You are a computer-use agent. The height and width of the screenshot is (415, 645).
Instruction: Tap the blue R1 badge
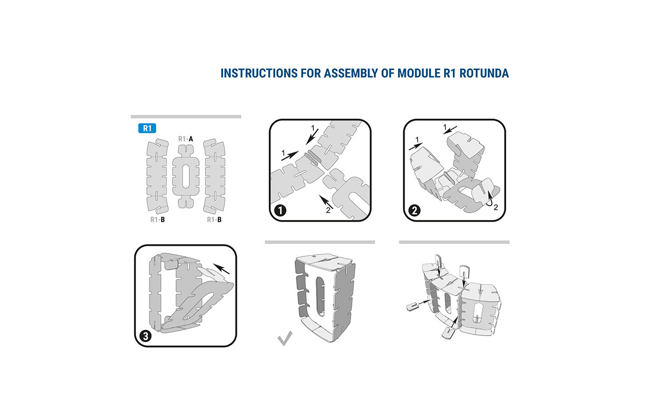(147, 128)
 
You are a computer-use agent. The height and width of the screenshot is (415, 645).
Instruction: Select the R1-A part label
(186, 139)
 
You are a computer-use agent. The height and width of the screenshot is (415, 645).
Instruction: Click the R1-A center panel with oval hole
(186, 176)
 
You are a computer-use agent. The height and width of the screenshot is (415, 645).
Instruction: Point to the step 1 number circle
(280, 211)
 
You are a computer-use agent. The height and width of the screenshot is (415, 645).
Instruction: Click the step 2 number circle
(414, 211)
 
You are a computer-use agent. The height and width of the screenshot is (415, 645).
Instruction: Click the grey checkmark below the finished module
(285, 338)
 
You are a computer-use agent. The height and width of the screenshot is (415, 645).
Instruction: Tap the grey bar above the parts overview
(186, 117)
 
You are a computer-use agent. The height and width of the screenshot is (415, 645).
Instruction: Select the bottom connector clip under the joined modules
(447, 332)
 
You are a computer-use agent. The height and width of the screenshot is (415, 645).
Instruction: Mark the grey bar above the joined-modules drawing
(454, 242)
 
